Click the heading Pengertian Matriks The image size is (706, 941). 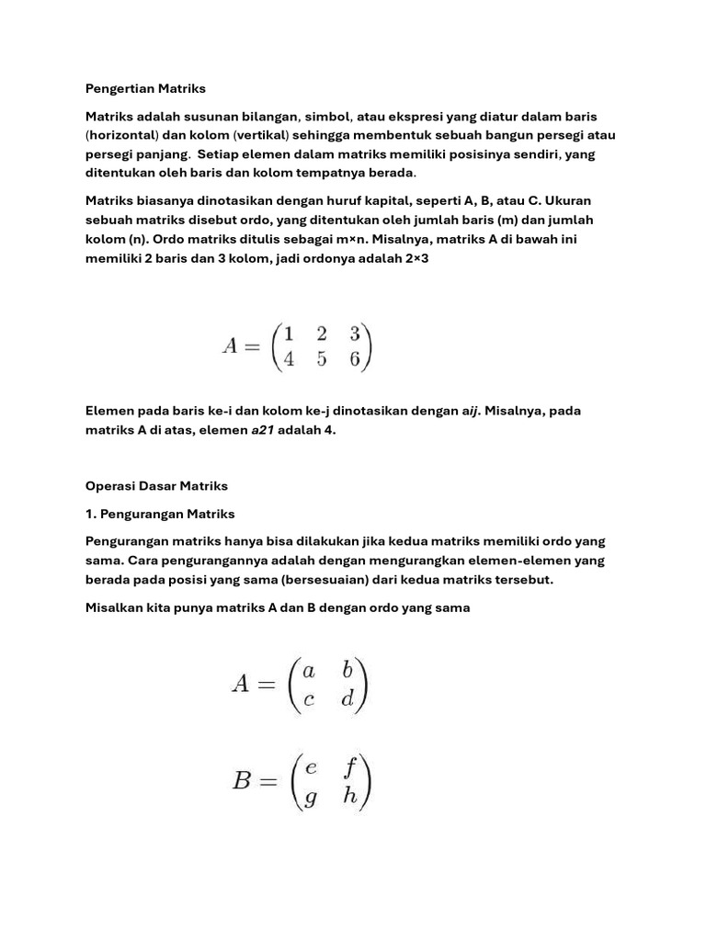coord(145,89)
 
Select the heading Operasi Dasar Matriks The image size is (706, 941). coord(156,485)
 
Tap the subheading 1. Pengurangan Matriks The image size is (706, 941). coord(160,513)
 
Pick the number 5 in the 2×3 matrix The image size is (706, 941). coord(322,359)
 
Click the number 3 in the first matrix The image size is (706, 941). coord(355,333)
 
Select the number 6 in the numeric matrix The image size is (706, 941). coord(355,359)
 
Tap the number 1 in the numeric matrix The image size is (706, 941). coord(289,333)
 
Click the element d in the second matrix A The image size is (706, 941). coord(347,699)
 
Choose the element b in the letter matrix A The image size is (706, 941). coord(347,671)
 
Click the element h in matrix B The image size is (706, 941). coord(350,796)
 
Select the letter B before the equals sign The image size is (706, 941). coord(243,782)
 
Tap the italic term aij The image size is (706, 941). coord(473,411)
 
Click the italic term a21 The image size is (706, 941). coord(262,429)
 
